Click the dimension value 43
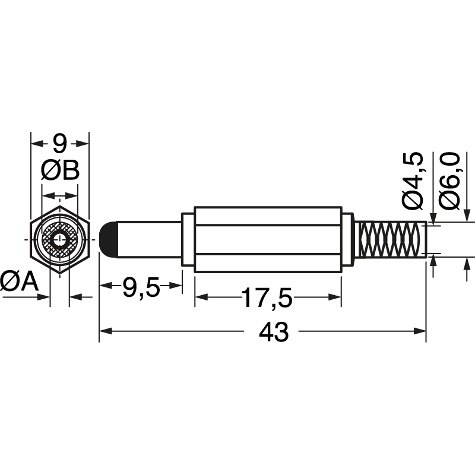274,332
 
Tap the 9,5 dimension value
141,289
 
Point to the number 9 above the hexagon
59,143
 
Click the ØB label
60,172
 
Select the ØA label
19,281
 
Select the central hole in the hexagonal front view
59,240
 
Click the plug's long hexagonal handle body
268,239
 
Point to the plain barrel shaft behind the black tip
149,239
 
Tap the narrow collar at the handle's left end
188,239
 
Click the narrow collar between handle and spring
348,239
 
